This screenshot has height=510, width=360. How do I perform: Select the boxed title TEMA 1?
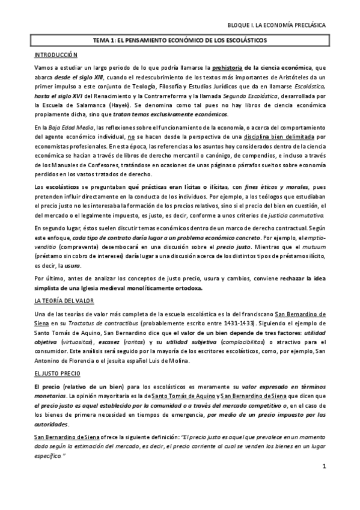pos(180,40)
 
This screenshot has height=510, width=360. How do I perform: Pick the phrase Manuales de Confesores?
pos(91,159)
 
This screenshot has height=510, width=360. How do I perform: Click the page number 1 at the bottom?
pos(323,483)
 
